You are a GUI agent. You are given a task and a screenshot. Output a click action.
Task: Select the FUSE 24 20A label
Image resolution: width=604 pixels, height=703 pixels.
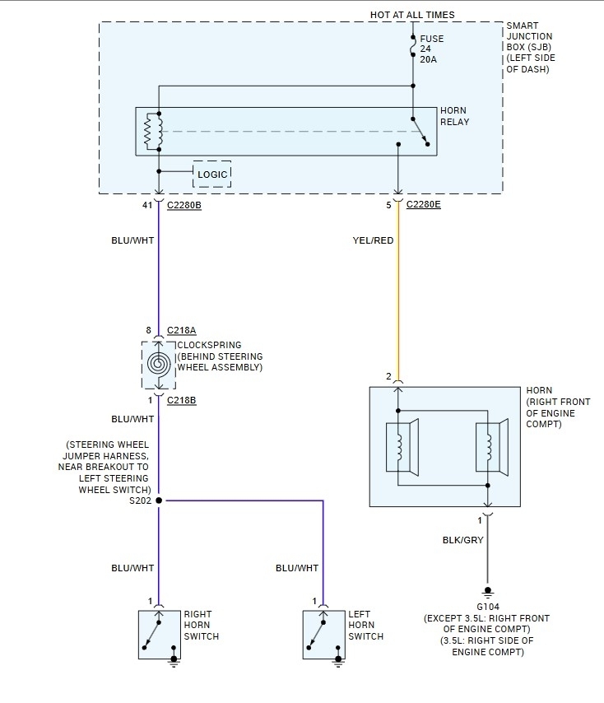point(431,49)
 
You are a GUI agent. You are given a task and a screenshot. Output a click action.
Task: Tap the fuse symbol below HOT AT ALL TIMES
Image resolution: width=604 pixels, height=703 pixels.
point(412,45)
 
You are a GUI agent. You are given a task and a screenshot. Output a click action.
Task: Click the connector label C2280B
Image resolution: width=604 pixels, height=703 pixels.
point(184,205)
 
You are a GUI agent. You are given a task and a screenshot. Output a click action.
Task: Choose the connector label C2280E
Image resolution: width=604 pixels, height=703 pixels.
point(424,204)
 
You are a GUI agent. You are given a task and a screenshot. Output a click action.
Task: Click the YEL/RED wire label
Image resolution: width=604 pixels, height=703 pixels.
point(373,240)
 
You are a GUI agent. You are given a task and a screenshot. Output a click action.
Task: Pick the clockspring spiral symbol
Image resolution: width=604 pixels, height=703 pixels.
point(159,363)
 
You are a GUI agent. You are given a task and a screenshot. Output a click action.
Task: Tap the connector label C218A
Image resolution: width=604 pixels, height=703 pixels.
point(182,330)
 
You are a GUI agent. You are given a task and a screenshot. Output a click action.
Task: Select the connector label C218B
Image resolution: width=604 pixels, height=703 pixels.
point(182,400)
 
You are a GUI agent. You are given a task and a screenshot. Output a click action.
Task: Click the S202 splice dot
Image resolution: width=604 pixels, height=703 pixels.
point(159,500)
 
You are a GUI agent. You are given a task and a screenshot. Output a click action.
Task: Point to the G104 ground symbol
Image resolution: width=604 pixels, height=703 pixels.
point(487,591)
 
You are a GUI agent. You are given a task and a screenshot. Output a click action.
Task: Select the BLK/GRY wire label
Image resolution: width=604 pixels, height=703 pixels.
point(462,540)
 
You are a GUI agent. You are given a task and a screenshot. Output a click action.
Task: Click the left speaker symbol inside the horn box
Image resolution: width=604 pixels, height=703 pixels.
point(402,447)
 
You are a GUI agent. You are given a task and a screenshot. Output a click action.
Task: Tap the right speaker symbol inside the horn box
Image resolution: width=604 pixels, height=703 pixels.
point(492,447)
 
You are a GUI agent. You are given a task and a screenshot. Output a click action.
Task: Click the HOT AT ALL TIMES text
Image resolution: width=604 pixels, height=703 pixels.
point(412,15)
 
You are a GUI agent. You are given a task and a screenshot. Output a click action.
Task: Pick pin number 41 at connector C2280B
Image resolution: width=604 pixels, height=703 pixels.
point(147,205)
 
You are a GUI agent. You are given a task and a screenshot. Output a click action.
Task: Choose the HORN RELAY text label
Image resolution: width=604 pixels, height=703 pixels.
point(454,116)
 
